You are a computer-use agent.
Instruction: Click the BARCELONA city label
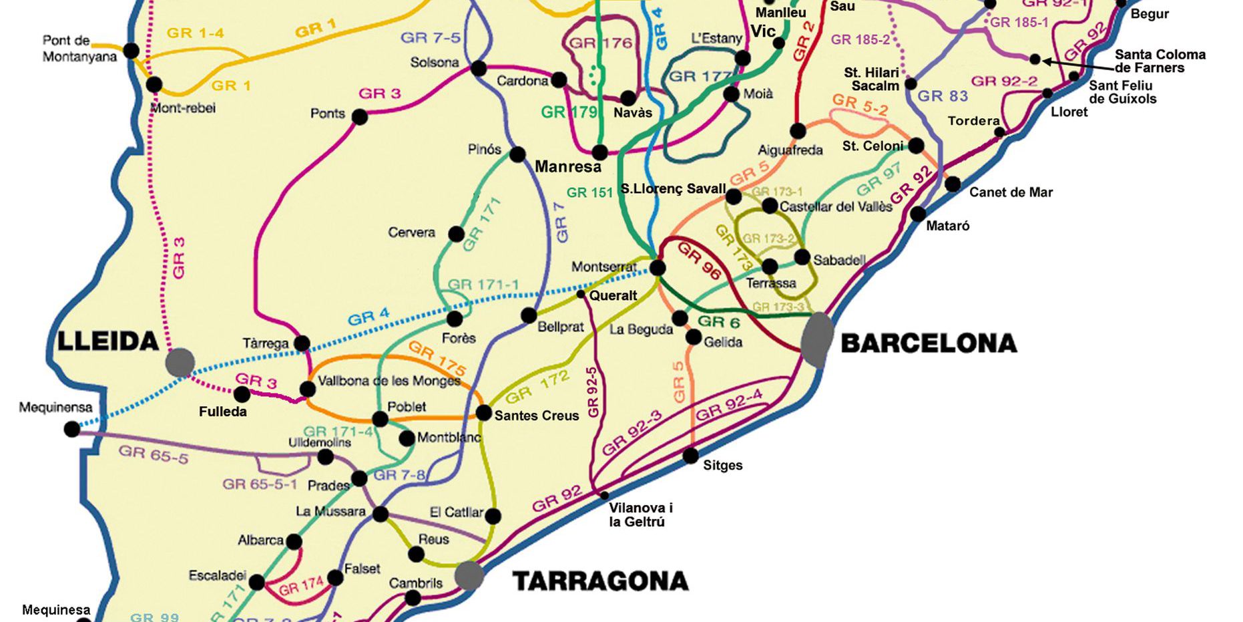pos(929,343)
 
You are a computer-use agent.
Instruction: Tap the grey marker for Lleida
pos(180,362)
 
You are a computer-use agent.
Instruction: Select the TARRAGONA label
pos(600,581)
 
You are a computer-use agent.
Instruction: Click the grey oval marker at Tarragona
pos(469,576)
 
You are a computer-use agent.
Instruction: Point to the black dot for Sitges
pos(691,456)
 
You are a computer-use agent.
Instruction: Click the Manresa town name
pos(568,166)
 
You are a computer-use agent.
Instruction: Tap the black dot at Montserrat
pos(658,268)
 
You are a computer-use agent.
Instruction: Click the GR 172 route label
pos(537,387)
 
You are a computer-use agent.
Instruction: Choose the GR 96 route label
pos(699,261)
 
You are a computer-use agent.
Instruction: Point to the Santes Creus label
pos(537,416)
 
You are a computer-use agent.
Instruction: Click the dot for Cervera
pos(456,235)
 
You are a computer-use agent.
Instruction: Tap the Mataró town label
pos(947,226)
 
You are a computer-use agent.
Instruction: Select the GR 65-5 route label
pos(154,455)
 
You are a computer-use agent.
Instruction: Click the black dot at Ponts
pos(360,118)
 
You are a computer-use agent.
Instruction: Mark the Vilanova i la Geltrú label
pos(640,514)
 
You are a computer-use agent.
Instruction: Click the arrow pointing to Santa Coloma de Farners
pos(1075,63)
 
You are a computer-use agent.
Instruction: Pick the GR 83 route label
pos(942,96)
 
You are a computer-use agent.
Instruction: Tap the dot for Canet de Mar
pos(953,184)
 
